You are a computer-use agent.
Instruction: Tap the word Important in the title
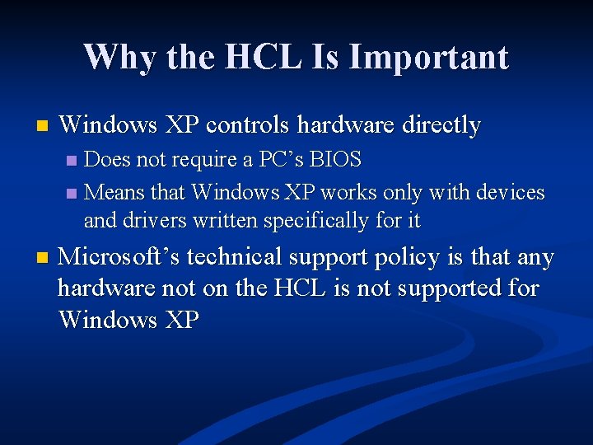[428, 58]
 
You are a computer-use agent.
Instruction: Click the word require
[206, 159]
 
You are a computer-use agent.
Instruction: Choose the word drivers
[156, 221]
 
